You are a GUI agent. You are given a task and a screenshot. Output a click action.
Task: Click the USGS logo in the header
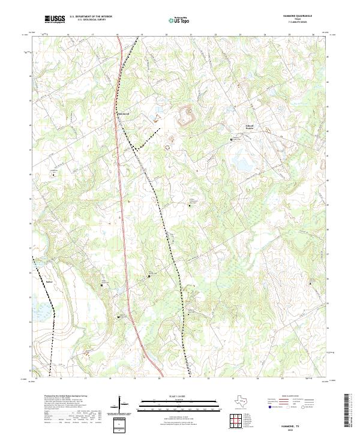[55, 19]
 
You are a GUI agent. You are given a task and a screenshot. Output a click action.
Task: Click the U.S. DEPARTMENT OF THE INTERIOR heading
[91, 17]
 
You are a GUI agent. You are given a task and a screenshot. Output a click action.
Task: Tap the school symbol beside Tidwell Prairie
[232, 140]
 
